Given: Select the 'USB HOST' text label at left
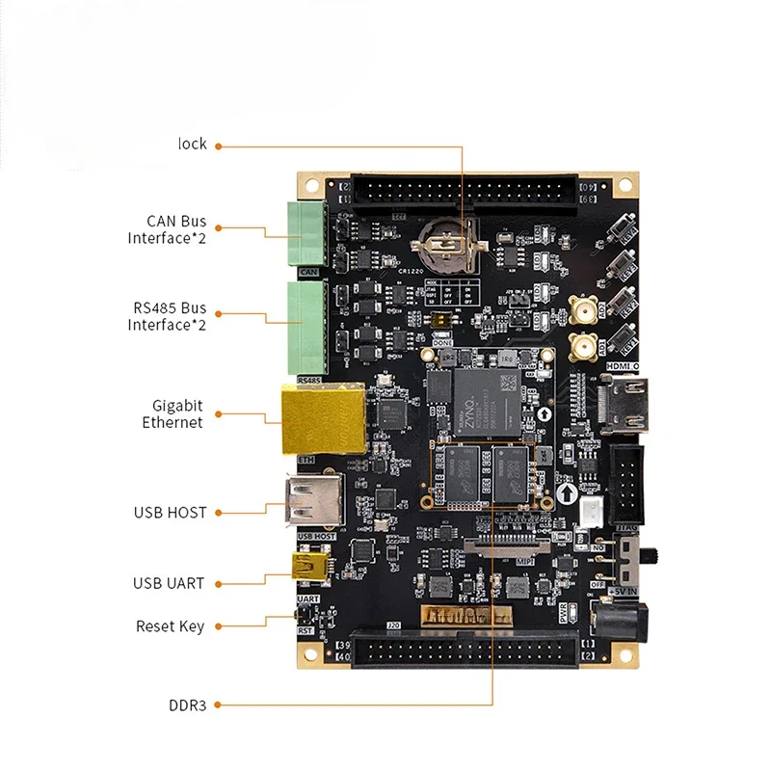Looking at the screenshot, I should tap(171, 513).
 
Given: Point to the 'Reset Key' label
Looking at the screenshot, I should tap(170, 626).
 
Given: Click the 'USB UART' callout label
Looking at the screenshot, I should tap(169, 583).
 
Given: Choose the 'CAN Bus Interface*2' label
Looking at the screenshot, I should tap(167, 229).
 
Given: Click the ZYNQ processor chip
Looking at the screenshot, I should tap(485, 397).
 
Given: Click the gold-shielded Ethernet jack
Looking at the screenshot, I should tap(323, 419).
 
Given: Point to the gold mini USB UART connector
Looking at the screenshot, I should tap(310, 570).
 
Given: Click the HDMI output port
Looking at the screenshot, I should tap(627, 406).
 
